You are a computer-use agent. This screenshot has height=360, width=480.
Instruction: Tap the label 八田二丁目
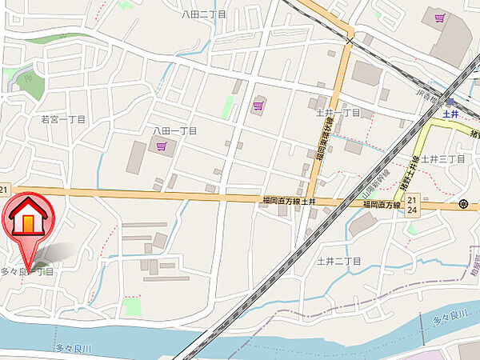tap(203, 14)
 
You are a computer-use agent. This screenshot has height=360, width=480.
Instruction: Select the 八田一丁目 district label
tap(174, 130)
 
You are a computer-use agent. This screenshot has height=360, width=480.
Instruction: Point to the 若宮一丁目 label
tap(62, 118)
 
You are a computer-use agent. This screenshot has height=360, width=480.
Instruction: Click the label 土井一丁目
tap(338, 113)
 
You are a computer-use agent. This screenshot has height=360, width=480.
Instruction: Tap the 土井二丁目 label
tap(339, 261)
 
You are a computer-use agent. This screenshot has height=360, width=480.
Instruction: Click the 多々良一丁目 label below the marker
tap(28, 273)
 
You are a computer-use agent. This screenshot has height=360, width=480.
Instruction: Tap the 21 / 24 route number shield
tap(412, 203)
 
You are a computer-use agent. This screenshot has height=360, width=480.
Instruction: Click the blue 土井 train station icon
tap(450, 102)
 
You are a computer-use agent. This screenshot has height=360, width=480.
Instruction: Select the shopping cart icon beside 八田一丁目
tap(162, 146)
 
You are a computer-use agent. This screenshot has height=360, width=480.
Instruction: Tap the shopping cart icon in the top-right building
tap(438, 17)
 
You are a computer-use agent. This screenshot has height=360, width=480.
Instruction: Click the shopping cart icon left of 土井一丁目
tap(258, 104)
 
